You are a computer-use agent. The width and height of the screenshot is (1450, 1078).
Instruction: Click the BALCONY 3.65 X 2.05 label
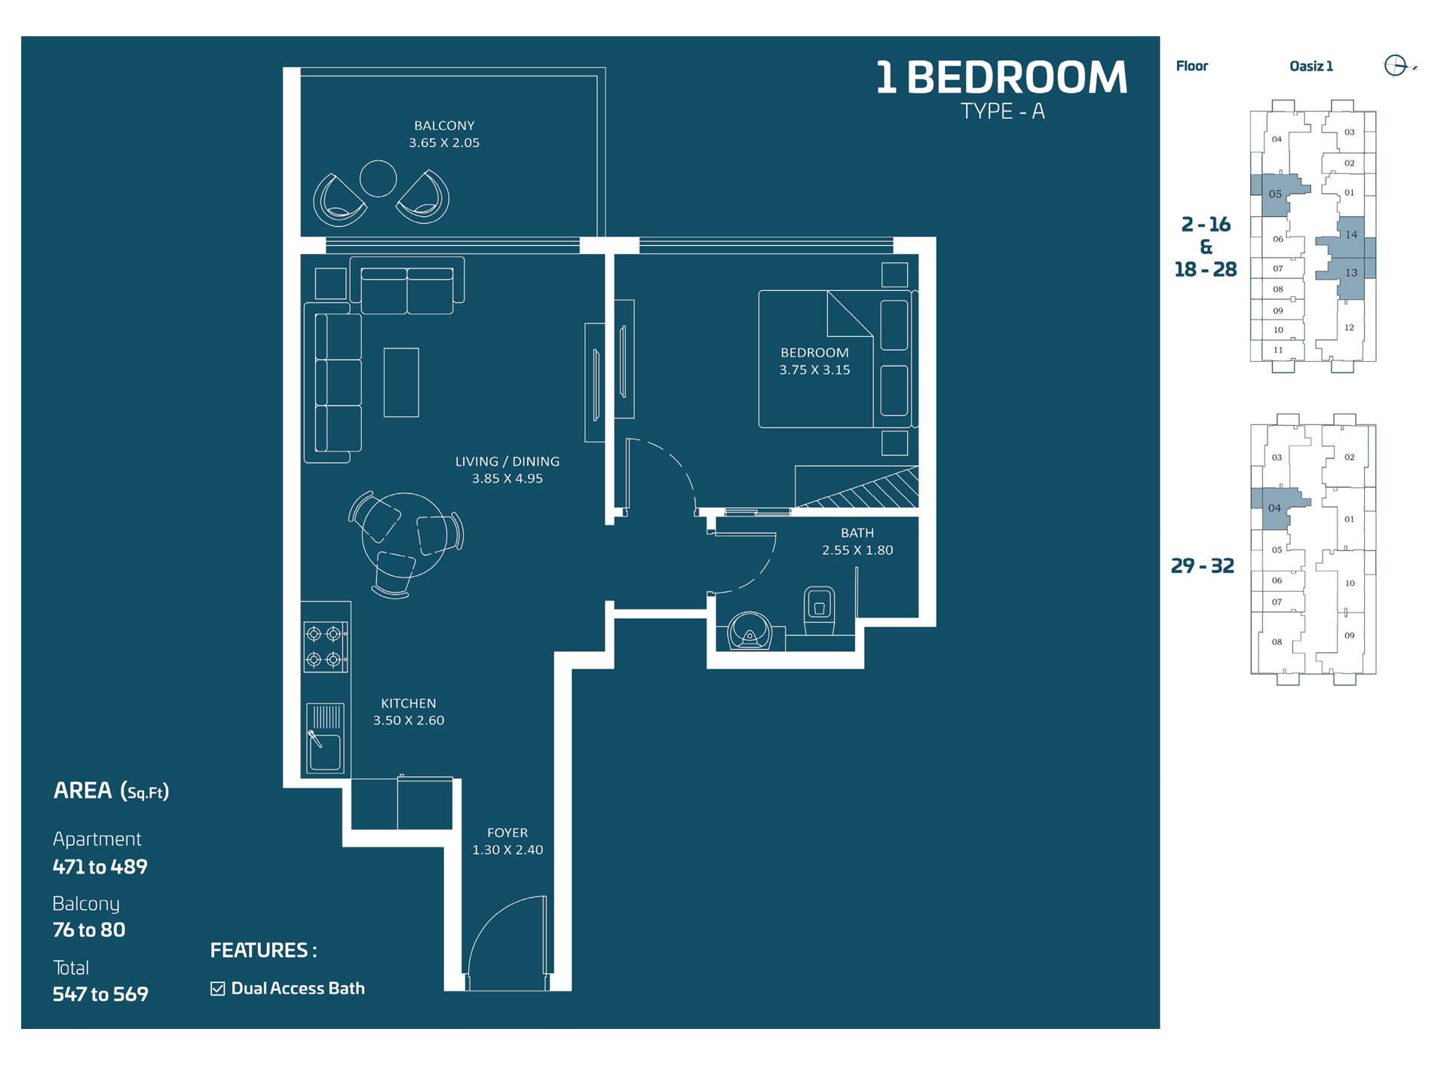(x=443, y=134)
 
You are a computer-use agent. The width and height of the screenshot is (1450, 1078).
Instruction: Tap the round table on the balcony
(x=378, y=179)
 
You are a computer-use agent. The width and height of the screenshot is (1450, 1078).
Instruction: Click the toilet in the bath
(x=819, y=609)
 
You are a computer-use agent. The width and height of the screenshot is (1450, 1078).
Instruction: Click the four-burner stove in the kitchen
(x=325, y=646)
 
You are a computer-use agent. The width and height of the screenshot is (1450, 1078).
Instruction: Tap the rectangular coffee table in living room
(x=401, y=382)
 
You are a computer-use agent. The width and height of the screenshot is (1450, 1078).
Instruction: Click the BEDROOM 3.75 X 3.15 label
(x=814, y=361)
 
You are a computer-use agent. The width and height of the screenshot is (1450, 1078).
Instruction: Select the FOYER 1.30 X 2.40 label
(x=507, y=841)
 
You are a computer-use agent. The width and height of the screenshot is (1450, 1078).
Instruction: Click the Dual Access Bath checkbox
(x=218, y=988)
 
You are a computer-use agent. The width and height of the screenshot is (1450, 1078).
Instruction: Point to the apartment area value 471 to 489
(x=100, y=866)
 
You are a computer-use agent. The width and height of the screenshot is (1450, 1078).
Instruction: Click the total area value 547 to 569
(x=100, y=994)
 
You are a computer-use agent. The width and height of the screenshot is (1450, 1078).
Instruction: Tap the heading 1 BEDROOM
(x=1001, y=78)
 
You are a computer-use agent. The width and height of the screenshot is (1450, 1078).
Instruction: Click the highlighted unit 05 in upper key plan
(x=1276, y=194)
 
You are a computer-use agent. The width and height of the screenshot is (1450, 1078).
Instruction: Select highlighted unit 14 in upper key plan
(x=1351, y=235)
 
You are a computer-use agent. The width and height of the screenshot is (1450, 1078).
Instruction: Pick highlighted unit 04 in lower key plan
(x=1275, y=508)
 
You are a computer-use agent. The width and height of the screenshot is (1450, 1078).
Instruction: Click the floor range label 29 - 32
(x=1202, y=565)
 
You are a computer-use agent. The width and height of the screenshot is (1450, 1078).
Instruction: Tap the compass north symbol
(x=1396, y=66)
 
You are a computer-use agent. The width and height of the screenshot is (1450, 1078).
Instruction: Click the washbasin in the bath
(x=749, y=630)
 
